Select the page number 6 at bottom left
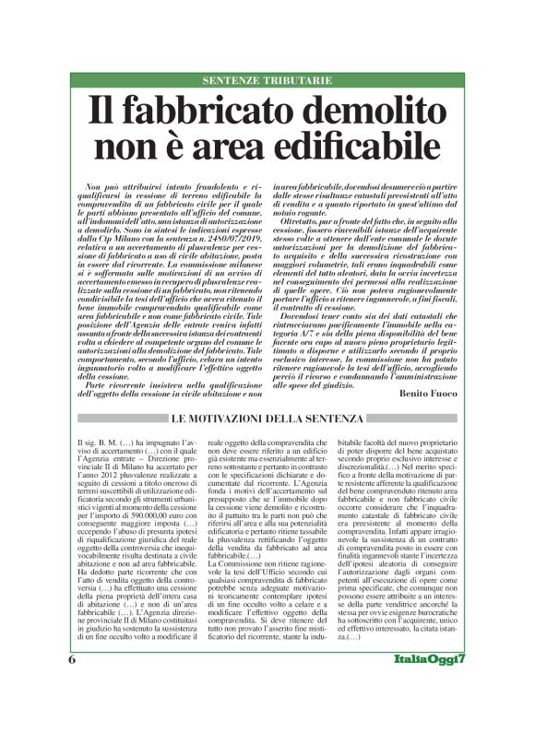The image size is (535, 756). tap(72, 712)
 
